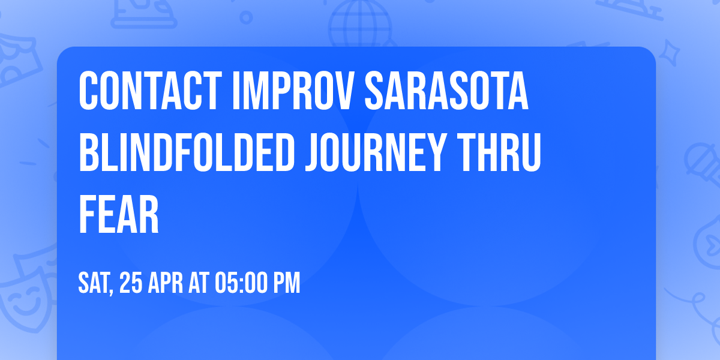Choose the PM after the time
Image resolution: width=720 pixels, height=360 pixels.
pyautogui.click(x=287, y=283)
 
